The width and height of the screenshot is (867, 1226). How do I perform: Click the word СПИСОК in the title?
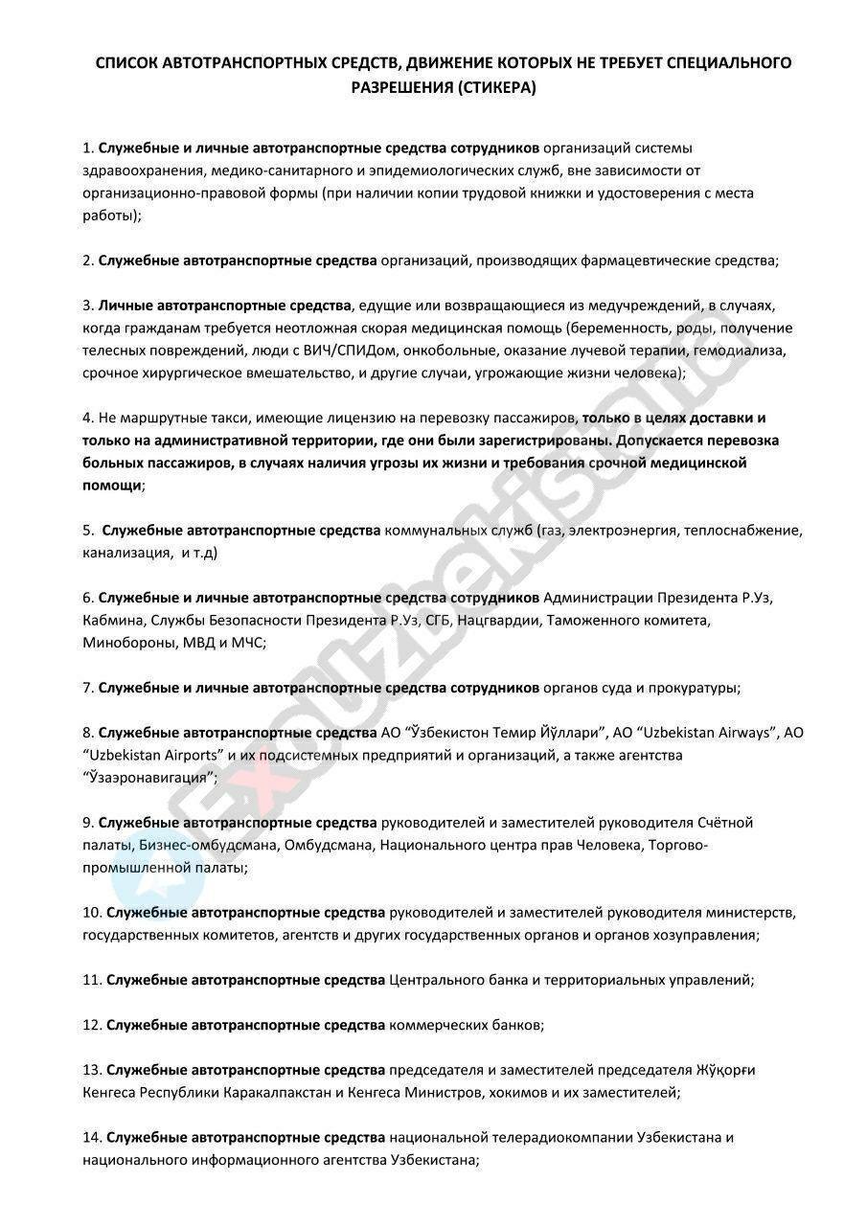coord(125,64)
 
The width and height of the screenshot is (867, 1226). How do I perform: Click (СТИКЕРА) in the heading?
coord(495,87)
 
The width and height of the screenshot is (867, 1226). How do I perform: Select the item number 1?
coord(87,148)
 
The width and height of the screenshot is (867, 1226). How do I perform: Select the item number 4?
coord(87,419)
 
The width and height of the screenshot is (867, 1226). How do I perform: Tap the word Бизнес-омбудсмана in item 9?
coord(198,846)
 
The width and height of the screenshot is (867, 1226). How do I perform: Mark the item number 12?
coord(92,1025)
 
